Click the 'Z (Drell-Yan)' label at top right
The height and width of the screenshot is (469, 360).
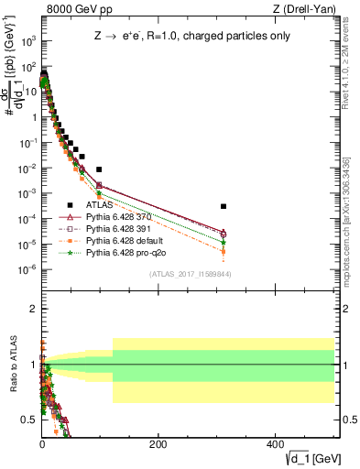tap(304, 9)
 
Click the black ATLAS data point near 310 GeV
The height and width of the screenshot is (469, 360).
tap(224, 206)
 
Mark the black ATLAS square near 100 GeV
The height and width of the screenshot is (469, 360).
tap(99, 169)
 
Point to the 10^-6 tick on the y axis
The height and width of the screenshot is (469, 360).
tap(29, 268)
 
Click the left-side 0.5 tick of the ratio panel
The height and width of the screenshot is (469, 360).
tap(31, 420)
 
